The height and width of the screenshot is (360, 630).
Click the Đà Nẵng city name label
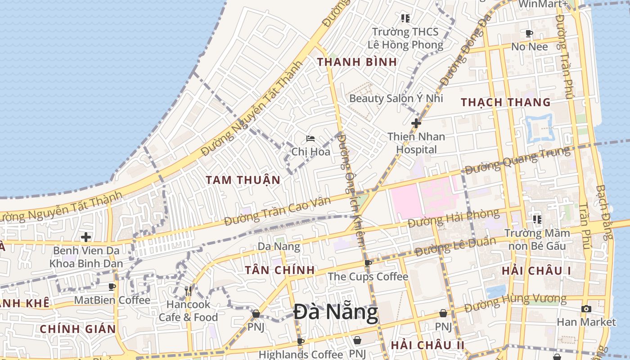point(336,313)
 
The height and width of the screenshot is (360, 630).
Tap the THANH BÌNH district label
point(357,62)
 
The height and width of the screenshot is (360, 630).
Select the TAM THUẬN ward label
point(243,180)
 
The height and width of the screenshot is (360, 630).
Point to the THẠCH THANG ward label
point(506,103)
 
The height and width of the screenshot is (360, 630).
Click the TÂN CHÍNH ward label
point(279,270)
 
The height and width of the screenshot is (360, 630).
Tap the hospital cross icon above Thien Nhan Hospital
point(416,123)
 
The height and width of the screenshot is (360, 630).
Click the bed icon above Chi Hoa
point(310,139)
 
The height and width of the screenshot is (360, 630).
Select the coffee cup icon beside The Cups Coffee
point(368,263)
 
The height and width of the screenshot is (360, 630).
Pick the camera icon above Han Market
point(586,309)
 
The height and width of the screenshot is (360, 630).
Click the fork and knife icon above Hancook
point(188,291)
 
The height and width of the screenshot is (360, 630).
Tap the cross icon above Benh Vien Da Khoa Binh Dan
point(85,237)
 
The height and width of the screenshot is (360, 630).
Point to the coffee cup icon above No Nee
point(529,33)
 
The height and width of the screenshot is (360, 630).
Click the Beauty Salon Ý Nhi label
point(396,98)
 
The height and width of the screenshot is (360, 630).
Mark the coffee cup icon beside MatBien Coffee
point(112,287)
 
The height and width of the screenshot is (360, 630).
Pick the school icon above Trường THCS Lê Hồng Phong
point(405,18)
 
